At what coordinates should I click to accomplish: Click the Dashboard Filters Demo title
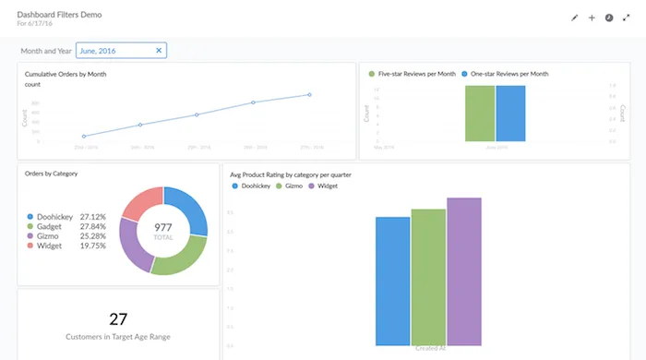click(x=60, y=15)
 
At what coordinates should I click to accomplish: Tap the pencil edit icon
click(x=574, y=18)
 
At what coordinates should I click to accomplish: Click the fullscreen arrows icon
click(x=626, y=18)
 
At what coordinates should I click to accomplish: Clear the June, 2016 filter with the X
click(x=159, y=51)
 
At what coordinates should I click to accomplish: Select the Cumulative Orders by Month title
click(x=66, y=73)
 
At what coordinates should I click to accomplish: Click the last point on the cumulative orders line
click(x=309, y=94)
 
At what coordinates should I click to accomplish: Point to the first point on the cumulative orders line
click(x=84, y=136)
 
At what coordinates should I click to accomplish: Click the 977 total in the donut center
click(x=163, y=227)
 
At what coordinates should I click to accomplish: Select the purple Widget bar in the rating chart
click(x=464, y=271)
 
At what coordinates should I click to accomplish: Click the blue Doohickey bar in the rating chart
click(x=392, y=281)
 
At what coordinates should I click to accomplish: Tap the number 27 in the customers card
click(x=118, y=318)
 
